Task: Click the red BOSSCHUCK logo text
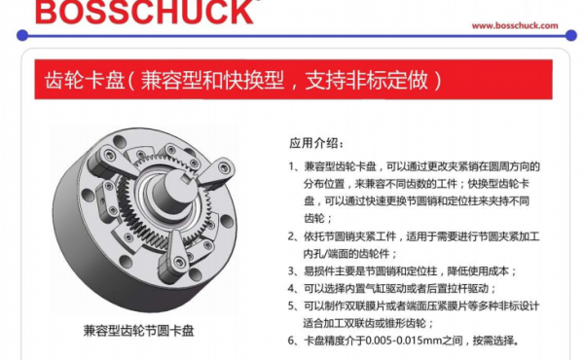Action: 144,12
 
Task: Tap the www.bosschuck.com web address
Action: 515,25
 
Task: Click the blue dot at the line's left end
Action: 22,35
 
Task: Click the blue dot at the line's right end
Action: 571,35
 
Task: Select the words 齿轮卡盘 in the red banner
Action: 84,80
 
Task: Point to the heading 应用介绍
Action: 316,143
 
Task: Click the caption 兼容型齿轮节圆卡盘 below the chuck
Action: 138,331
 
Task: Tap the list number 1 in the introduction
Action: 292,166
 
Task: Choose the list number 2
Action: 292,236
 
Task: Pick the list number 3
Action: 292,271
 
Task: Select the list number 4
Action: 292,288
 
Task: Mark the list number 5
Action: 292,306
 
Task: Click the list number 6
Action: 292,341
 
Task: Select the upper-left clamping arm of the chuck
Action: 107,162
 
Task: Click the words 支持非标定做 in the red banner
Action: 366,80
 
